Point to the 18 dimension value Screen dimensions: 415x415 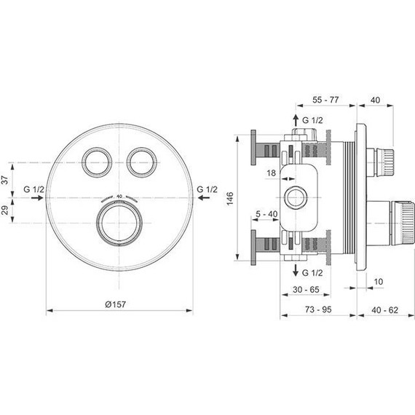pos(272,173)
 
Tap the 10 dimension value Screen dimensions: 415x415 pos(378,281)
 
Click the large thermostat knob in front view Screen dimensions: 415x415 pos(118,222)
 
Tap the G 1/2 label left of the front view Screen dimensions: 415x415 pos(34,190)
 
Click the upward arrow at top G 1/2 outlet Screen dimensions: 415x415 pos(296,119)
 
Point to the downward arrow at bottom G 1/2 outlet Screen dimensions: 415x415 pos(296,271)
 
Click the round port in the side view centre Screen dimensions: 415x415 pos(296,197)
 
